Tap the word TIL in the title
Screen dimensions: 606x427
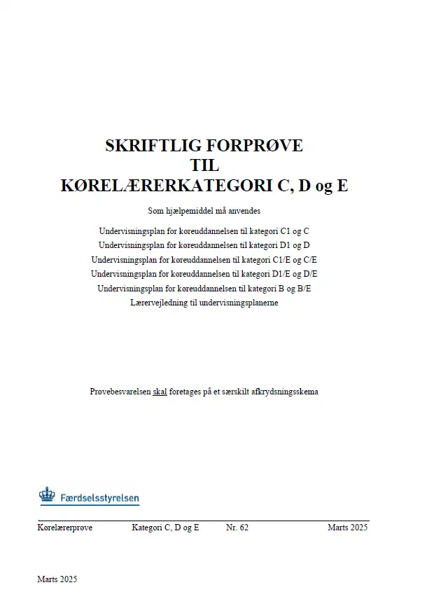click(x=204, y=166)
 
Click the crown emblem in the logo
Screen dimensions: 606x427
click(x=47, y=495)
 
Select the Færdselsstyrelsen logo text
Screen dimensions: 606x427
click(x=99, y=499)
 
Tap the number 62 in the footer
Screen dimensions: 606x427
click(x=242, y=528)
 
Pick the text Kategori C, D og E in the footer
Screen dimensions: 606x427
click(x=165, y=528)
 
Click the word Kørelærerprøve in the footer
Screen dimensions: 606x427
click(x=65, y=528)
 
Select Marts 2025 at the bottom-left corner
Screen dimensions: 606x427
click(x=57, y=579)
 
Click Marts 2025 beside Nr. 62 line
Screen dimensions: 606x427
click(x=347, y=528)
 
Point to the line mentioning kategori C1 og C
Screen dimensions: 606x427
click(x=204, y=230)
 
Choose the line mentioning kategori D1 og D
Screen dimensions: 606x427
click(x=204, y=245)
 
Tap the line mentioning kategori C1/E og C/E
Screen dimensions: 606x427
click(x=204, y=259)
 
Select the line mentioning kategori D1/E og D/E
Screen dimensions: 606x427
click(x=204, y=273)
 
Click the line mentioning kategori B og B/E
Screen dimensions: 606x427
click(x=204, y=288)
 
